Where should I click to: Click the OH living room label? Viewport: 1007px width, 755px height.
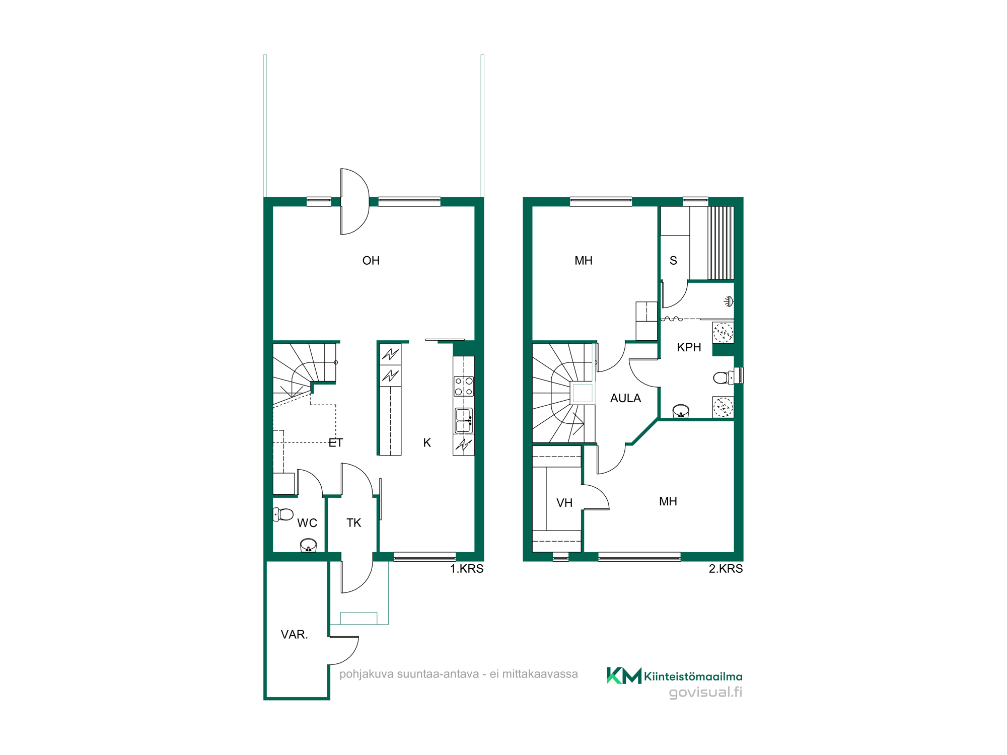click(371, 261)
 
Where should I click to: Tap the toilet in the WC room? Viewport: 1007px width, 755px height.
click(283, 514)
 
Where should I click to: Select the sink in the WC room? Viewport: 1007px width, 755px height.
click(308, 545)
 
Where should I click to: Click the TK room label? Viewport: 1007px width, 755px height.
click(353, 523)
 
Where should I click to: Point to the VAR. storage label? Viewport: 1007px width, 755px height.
click(294, 635)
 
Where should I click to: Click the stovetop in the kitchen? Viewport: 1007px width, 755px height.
click(464, 386)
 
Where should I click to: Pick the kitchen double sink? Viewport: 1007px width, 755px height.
click(464, 421)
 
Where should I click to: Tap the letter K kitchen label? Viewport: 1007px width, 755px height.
click(427, 443)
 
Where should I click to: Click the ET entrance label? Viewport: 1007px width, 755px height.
click(336, 443)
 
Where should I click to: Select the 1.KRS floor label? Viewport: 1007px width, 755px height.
click(466, 569)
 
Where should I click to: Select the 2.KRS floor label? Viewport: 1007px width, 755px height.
click(726, 569)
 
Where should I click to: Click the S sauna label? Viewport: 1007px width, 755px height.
click(673, 261)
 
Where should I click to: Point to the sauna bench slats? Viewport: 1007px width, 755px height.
click(721, 243)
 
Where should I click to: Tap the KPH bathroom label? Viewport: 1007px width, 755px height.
click(689, 347)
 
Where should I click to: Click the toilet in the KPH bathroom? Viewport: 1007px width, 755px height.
click(728, 377)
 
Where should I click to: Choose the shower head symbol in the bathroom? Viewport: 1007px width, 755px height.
click(729, 301)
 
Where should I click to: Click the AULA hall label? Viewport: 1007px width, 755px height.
click(625, 398)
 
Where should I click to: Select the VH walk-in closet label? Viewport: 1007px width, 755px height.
click(564, 503)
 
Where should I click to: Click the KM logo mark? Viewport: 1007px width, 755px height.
click(624, 675)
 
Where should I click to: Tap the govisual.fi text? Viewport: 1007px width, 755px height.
click(705, 693)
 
